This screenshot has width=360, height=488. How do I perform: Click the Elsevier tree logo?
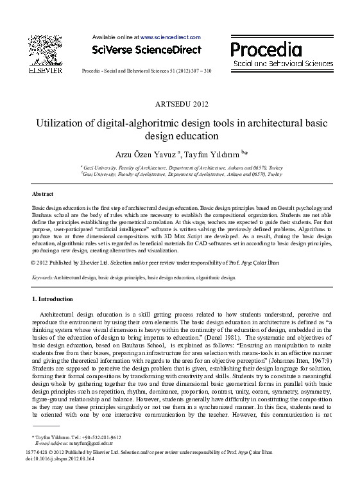click(44, 49)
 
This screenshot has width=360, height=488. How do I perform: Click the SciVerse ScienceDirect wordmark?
click(146, 49)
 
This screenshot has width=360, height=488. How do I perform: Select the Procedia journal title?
click(266, 49)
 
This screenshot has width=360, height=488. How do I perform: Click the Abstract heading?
click(42, 193)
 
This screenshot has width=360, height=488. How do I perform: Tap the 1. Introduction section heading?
click(53, 299)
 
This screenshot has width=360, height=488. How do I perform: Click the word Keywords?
click(42, 277)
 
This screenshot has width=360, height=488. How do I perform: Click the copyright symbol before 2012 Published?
click(33, 263)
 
